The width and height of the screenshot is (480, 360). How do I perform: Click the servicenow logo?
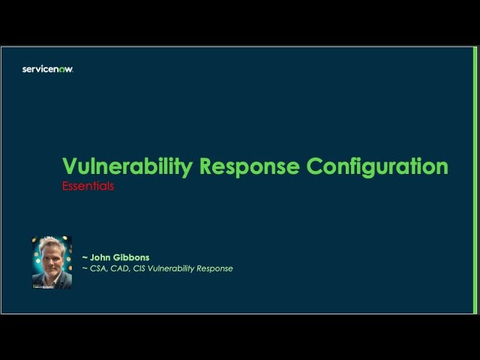point(47,69)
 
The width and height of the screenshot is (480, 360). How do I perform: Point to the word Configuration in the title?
point(376,166)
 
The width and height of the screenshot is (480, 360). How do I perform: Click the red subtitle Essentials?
point(88,186)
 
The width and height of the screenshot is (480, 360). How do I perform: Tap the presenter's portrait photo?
point(52,263)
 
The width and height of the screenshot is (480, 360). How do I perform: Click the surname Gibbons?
point(133,257)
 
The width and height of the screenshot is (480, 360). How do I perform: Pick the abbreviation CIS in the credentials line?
point(142,268)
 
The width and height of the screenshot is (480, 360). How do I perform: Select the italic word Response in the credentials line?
point(216,268)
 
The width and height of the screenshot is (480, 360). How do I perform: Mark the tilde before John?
point(85,258)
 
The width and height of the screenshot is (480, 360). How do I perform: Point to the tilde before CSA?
point(85,269)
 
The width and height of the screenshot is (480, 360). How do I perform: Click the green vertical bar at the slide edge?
point(475,180)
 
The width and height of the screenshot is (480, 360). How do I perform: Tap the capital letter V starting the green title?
point(69,166)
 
